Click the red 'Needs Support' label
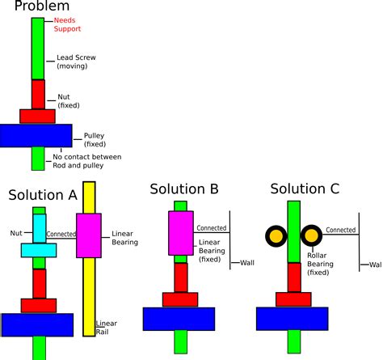(67, 24)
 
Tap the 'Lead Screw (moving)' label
(76, 61)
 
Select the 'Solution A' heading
(43, 195)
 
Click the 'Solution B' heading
(184, 188)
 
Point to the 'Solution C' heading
(305, 188)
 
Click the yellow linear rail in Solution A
(89, 259)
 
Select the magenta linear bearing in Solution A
(89, 235)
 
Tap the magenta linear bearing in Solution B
(181, 233)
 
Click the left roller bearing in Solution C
(276, 236)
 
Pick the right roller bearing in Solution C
(311, 235)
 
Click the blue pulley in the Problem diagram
(36, 136)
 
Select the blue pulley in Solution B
(179, 319)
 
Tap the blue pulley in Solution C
(293, 319)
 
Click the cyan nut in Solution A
(39, 236)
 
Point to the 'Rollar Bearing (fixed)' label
(320, 264)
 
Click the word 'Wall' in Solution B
(247, 263)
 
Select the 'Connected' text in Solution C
(341, 230)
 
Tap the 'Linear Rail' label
(107, 328)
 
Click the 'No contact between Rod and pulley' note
(87, 161)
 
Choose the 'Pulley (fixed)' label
(95, 140)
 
